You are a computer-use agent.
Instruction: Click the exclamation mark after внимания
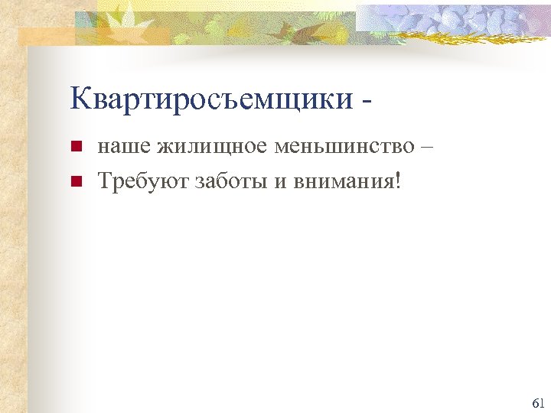pos(398,181)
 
